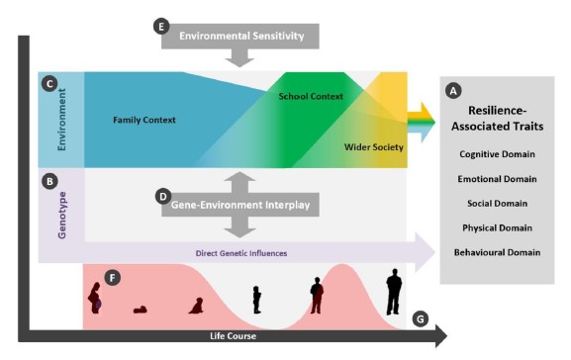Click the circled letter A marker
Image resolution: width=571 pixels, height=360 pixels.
coord(454,89)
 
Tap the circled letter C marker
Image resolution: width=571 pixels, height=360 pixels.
coord(48,85)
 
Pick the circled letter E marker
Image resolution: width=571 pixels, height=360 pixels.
coord(163,26)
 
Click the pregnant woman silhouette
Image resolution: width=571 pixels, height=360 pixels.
coord(95,298)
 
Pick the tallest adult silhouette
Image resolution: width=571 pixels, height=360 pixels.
coord(394,293)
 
